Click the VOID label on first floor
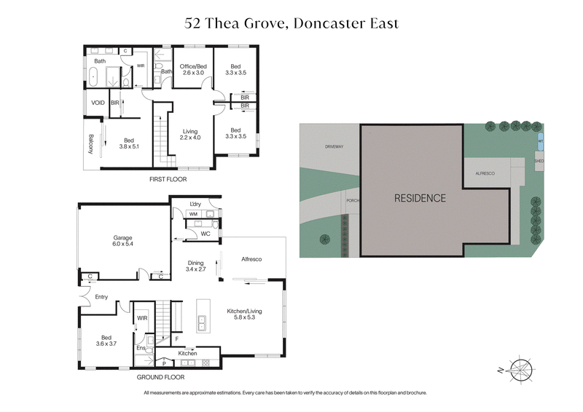[98, 103]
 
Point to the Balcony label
[91, 144]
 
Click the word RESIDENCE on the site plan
[420, 197]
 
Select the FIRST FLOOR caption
[168, 178]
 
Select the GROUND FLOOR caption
[160, 378]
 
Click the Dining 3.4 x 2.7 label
[195, 266]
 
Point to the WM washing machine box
[193, 215]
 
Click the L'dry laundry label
[195, 203]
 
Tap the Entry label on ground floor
[101, 296]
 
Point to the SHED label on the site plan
[539, 162]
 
